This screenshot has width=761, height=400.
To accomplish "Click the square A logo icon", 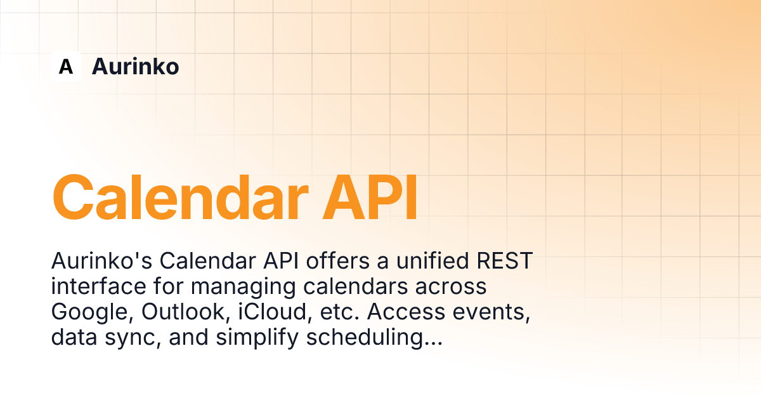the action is pos(66,66).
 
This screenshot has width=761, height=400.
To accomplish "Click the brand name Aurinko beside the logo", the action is pos(135,66).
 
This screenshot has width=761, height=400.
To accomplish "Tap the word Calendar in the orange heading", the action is pos(180,198).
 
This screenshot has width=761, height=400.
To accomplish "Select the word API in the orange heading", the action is pos(370,198).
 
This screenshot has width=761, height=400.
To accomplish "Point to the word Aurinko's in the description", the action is pos(101,261).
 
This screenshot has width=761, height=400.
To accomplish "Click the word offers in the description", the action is pos(337,261).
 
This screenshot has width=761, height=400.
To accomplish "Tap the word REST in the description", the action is pos(505,261).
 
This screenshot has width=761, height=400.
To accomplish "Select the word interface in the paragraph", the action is pos(98,286).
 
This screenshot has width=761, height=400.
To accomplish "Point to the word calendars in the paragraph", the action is pos(355,286).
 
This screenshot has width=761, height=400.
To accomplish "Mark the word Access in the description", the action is pos(406,312).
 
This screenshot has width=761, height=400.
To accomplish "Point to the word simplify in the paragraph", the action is pos(257,338).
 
